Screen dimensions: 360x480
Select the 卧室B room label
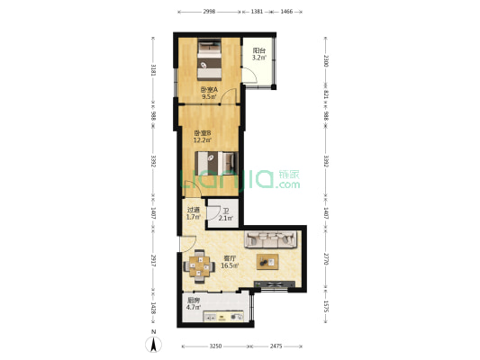pos(201,137)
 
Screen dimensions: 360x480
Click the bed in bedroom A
pos(209,58)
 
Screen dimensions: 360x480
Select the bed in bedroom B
pos(218,165)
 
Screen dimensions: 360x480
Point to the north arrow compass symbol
pos(154,343)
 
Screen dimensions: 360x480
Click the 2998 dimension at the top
pos(209,11)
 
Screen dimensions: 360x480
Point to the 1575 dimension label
pos(327,308)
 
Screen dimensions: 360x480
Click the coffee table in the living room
pos(267,262)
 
